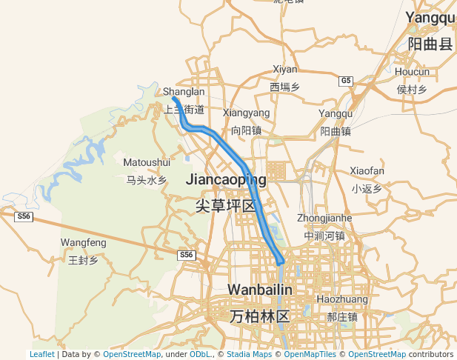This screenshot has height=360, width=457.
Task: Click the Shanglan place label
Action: coord(183,92)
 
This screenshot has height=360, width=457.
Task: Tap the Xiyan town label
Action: coord(284,70)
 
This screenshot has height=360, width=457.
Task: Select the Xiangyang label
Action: coord(246,113)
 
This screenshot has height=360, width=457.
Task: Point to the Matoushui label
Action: coord(147,162)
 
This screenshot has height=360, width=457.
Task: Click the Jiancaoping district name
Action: coord(226,179)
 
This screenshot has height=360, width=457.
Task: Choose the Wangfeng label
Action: coord(83,242)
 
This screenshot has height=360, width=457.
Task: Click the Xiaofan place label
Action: coord(367,171)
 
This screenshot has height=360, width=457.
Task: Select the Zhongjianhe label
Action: coord(324,219)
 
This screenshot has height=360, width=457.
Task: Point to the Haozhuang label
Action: coord(342,299)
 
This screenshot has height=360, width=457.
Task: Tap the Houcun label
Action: coord(412,72)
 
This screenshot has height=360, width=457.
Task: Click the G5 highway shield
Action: coord(346,80)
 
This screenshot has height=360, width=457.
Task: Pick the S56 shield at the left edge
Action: coord(24,216)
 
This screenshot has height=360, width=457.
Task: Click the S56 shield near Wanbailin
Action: coord(186,255)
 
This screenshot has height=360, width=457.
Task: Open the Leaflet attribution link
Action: coord(41,355)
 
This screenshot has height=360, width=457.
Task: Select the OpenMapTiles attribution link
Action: coord(308,355)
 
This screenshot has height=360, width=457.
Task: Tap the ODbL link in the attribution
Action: coord(200,355)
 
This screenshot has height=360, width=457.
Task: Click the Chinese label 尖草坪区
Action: coord(225,206)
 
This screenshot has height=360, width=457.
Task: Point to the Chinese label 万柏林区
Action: coord(258,316)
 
